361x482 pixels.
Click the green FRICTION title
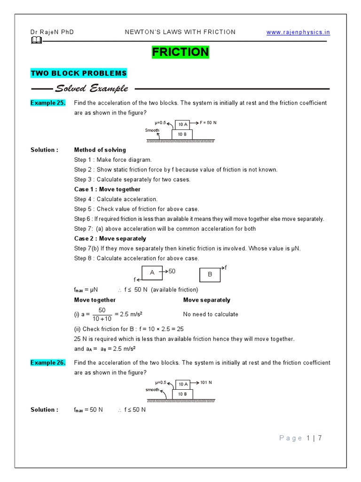[x=180, y=52]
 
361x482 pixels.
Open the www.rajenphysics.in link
[x=298, y=32]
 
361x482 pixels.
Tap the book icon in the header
[x=36, y=41]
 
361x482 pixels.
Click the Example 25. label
[x=48, y=103]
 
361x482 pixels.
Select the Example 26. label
[x=48, y=362]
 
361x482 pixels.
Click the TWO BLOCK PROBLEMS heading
[x=78, y=73]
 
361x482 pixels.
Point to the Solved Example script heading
[x=91, y=88]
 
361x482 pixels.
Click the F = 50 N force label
[x=208, y=122]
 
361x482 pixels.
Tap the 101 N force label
[x=206, y=382]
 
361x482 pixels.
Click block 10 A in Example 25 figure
[x=182, y=124]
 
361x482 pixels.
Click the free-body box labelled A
[x=152, y=273]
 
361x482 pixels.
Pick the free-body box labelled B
[x=210, y=274]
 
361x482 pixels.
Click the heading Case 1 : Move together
[x=107, y=189]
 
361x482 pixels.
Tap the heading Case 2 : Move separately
[x=110, y=239]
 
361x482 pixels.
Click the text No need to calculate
[x=211, y=314]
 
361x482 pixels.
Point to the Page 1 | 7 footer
[x=300, y=438]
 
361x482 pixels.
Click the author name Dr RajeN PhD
[x=52, y=32]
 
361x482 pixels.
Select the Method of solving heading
[x=100, y=150]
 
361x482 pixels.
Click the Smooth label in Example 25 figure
[x=152, y=130]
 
